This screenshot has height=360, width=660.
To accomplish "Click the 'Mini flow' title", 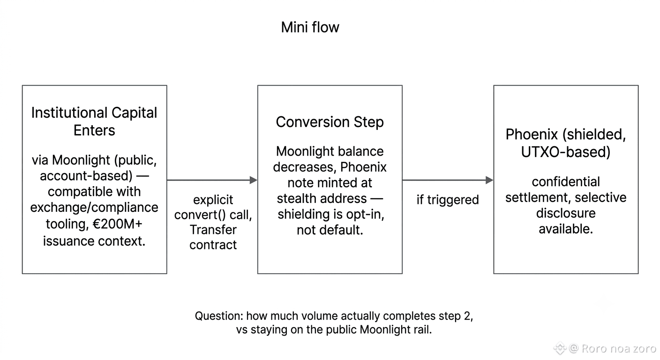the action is pyautogui.click(x=310, y=27).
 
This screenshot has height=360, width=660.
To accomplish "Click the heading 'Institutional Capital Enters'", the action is pyautogui.click(x=94, y=121).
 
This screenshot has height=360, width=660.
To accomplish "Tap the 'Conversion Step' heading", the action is pyautogui.click(x=330, y=122).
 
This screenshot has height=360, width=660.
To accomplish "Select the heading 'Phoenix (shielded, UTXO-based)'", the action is pyautogui.click(x=566, y=143).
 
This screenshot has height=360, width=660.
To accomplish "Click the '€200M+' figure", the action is pyautogui.click(x=118, y=224).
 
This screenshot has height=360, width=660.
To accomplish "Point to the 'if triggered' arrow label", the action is pyautogui.click(x=448, y=200).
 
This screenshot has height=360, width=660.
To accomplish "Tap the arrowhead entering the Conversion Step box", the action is pyautogui.click(x=254, y=180).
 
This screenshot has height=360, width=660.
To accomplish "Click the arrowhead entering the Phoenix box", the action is pyautogui.click(x=489, y=180).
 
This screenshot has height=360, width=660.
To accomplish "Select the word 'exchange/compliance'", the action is pyautogui.click(x=94, y=208).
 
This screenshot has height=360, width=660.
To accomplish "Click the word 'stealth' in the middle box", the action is pyautogui.click(x=299, y=199).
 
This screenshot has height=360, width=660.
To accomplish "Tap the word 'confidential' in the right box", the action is pyautogui.click(x=566, y=182).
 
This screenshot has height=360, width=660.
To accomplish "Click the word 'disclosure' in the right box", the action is pyautogui.click(x=566, y=213).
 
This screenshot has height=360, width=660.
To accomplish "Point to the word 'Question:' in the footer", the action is pyautogui.click(x=219, y=316).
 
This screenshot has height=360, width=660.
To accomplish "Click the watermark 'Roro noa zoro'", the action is pyautogui.click(x=619, y=348).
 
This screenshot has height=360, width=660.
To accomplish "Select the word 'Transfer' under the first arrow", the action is pyautogui.click(x=213, y=230).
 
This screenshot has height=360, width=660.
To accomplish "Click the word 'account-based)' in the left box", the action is pyautogui.click(x=86, y=176).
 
